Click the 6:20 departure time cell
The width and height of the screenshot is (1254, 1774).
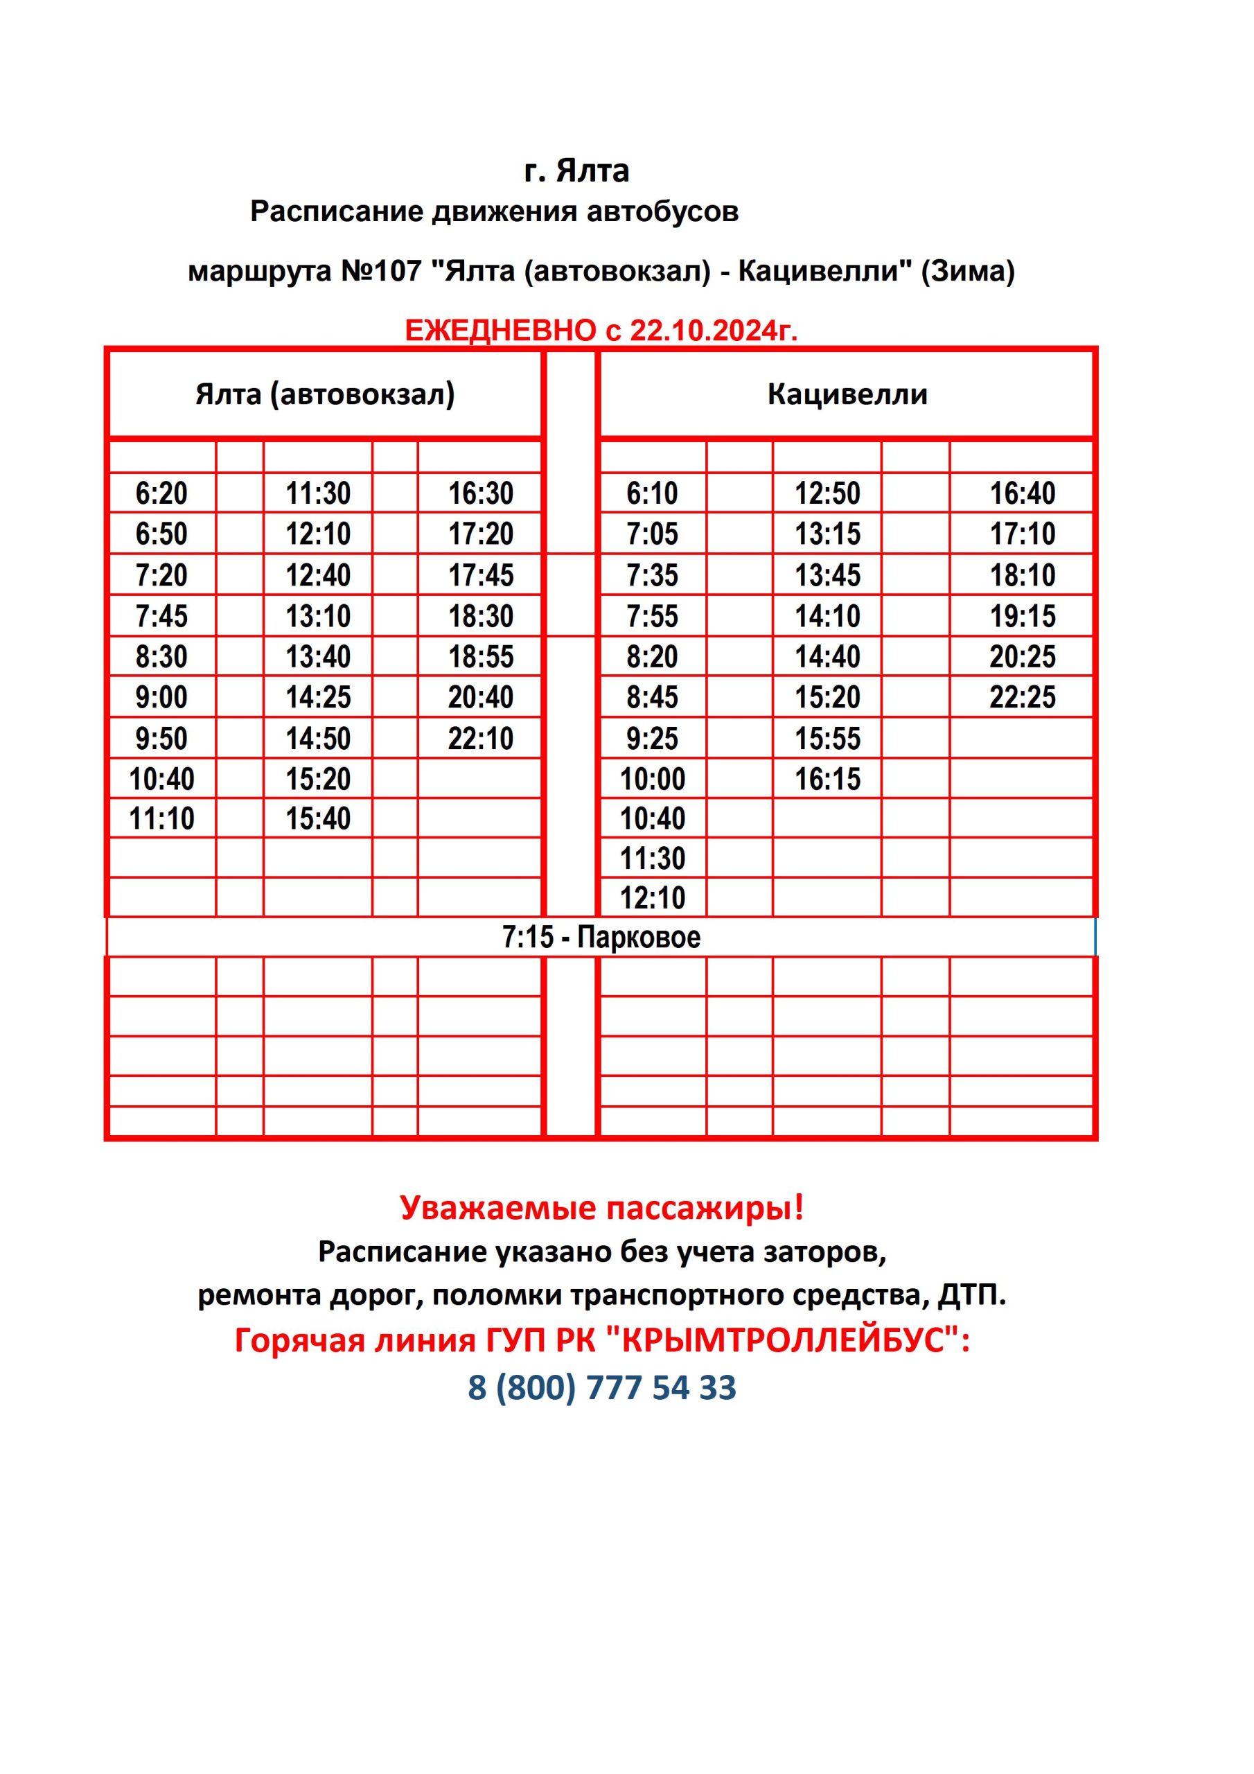(x=161, y=493)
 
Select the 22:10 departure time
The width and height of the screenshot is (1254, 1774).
(x=481, y=739)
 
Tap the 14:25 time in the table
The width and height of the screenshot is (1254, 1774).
(x=318, y=698)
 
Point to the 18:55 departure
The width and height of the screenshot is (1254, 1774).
(x=481, y=657)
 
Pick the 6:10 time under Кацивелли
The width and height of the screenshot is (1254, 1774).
(x=652, y=493)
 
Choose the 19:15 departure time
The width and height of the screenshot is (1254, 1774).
(x=1022, y=616)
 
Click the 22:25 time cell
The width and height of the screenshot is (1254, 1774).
(x=1022, y=698)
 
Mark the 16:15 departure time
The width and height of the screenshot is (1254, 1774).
(x=827, y=779)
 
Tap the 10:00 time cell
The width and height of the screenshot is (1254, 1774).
(x=652, y=779)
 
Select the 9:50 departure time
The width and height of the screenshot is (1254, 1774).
(x=161, y=739)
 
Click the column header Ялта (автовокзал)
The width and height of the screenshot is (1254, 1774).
(x=326, y=395)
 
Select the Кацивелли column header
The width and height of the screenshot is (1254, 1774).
(x=847, y=395)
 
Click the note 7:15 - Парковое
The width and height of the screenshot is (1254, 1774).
(x=601, y=937)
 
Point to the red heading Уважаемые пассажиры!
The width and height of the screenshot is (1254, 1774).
(x=602, y=1207)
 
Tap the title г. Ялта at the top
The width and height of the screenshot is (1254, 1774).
(x=576, y=170)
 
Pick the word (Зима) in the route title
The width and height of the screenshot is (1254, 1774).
(x=967, y=271)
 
